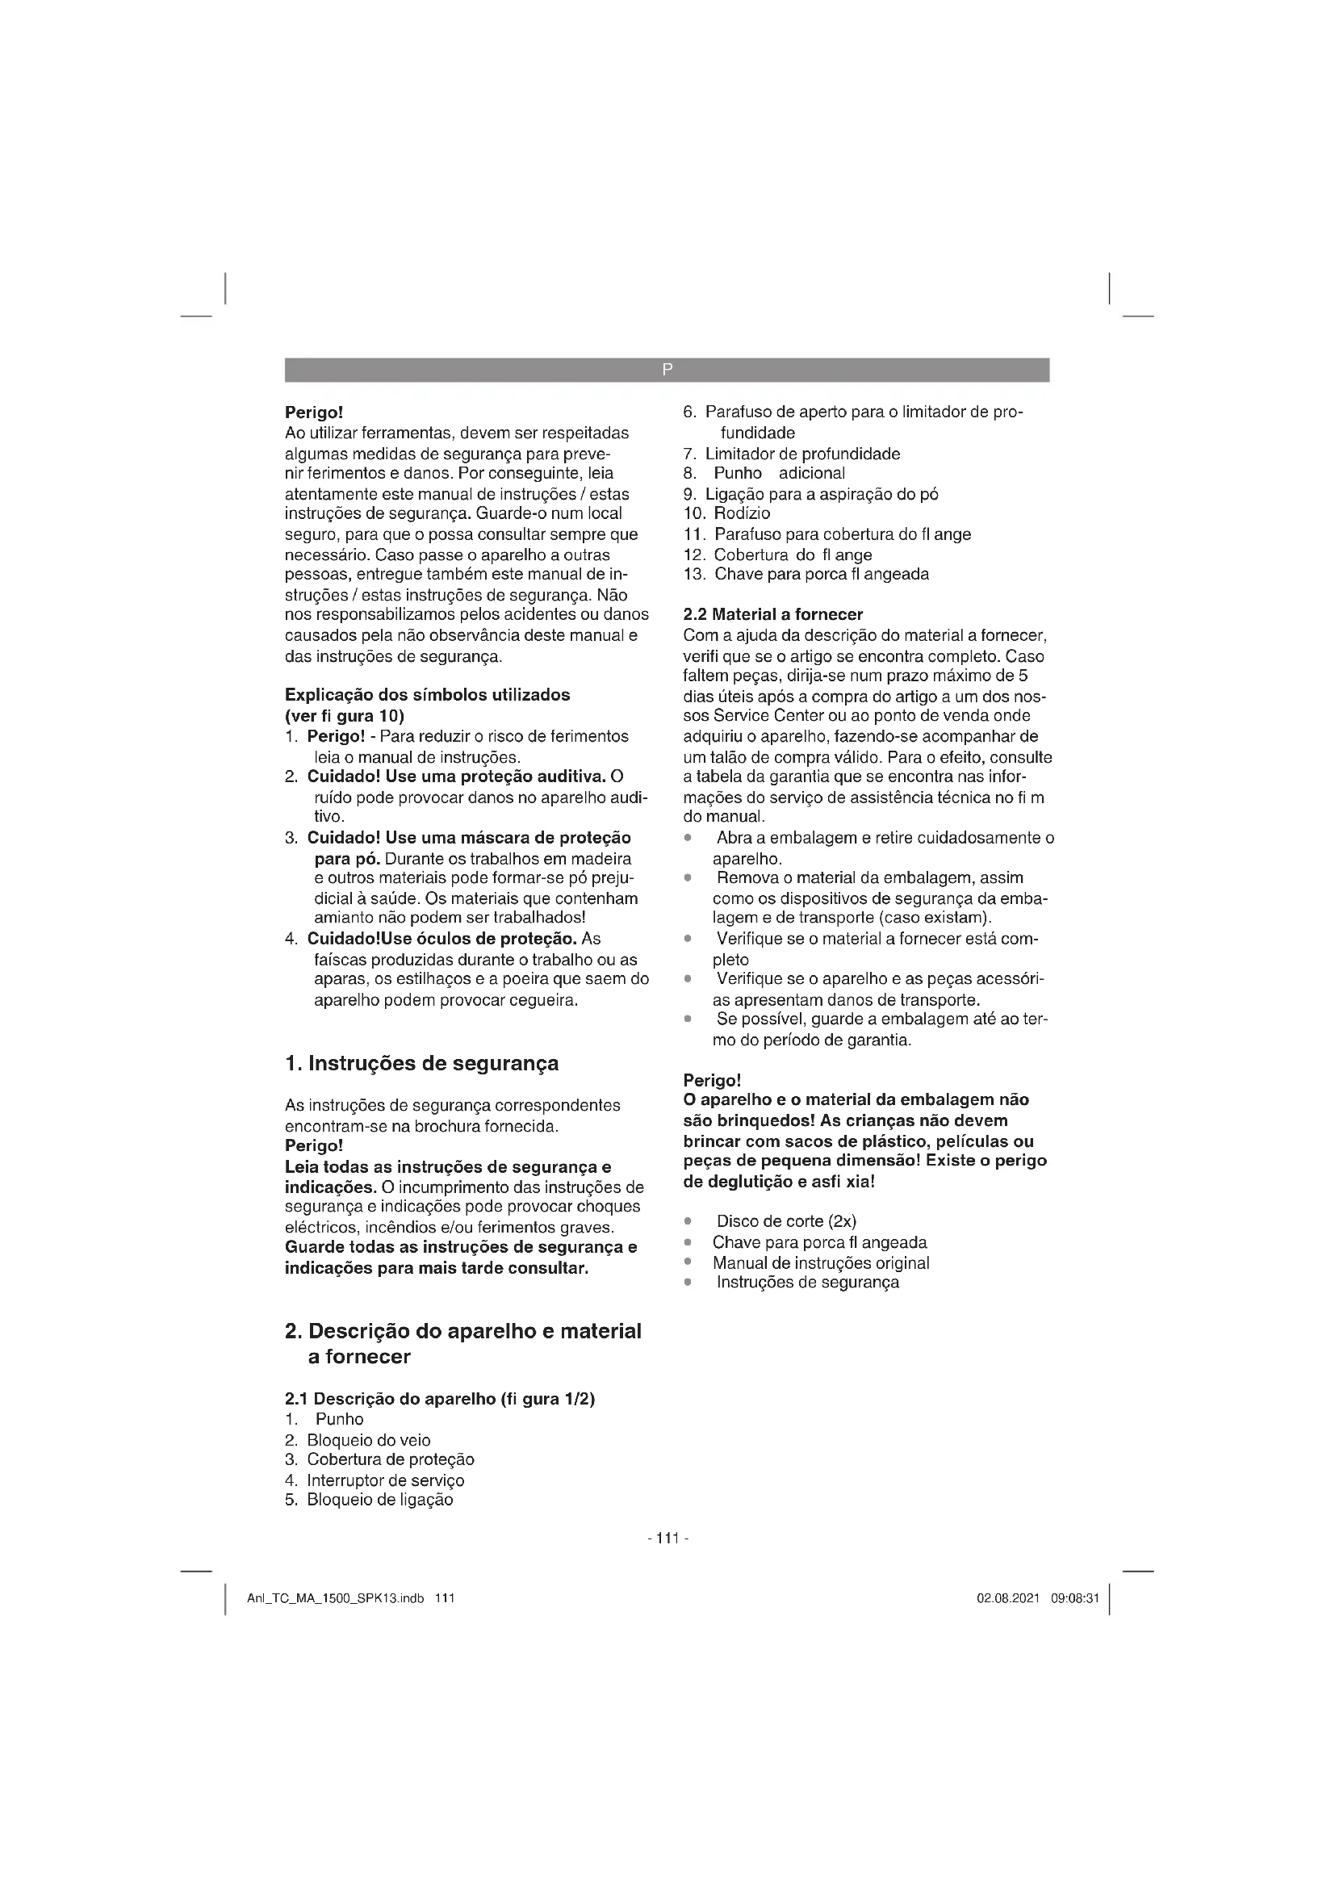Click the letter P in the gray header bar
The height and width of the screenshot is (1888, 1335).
667,370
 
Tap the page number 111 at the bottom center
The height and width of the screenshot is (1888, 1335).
667,1538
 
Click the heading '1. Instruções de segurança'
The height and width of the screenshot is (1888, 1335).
421,1063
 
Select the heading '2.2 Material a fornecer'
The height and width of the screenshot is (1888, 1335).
772,614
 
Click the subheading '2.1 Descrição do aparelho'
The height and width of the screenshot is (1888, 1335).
440,1399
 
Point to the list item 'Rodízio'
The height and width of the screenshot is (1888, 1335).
742,514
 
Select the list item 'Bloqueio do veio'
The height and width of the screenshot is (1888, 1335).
368,1440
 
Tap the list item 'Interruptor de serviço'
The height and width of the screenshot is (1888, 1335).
386,1480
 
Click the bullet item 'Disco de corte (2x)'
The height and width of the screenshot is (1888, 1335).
787,1221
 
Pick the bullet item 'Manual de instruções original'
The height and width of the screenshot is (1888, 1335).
820,1263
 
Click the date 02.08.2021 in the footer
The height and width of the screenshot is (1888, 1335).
1008,1598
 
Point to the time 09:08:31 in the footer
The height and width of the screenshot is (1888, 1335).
1074,1598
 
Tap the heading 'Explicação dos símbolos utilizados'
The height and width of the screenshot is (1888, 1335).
427,695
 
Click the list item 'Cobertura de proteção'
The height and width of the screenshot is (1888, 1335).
391,1459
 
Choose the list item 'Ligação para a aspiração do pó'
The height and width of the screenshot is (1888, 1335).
821,494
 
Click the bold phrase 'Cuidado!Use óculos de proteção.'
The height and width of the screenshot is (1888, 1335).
443,939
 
